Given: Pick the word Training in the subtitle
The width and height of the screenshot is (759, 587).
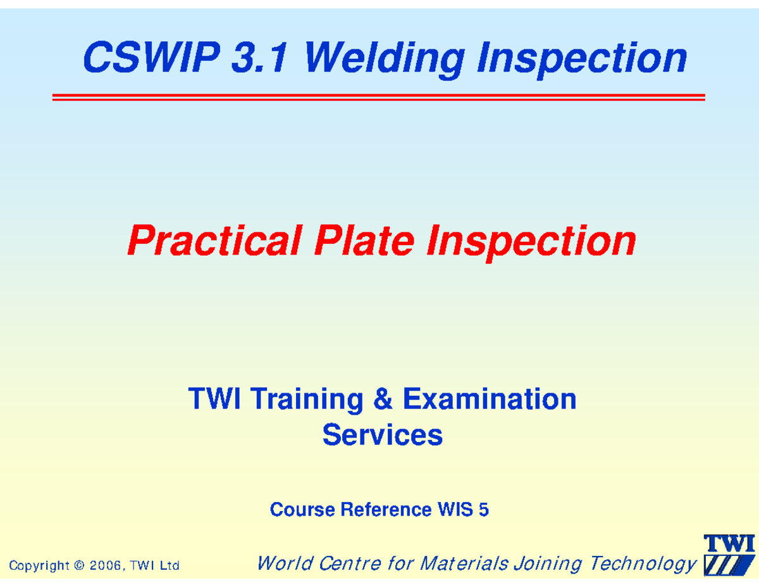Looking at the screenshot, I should (x=307, y=400).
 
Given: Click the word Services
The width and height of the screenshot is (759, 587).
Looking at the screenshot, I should (x=382, y=436).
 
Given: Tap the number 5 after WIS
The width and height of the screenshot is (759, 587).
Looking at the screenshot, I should (x=484, y=510).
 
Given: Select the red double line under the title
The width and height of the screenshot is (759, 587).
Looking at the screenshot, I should (x=378, y=97).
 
